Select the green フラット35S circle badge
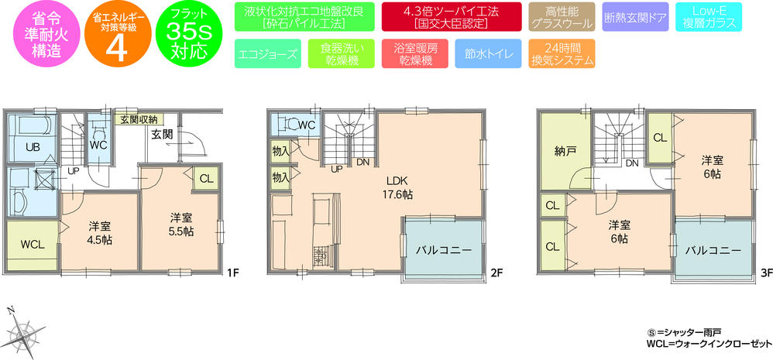pos(187,33)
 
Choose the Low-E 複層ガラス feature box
pos(706,16)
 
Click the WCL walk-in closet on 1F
pos(32,245)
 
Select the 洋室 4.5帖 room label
pos(99,232)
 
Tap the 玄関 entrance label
pos(162,134)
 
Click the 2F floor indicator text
pos(496,273)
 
